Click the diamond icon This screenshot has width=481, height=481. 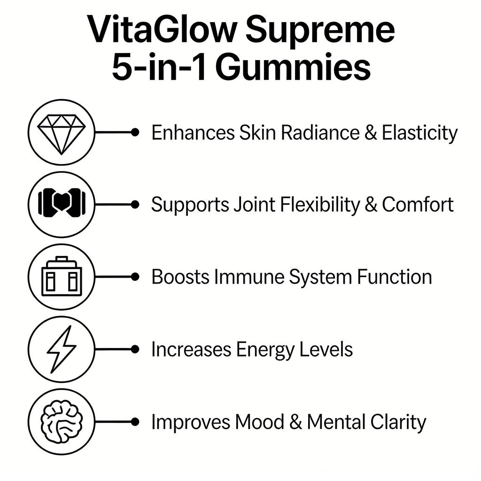tap(61, 132)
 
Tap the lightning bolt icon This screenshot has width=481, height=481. tap(61, 349)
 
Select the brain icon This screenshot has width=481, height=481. tap(61, 422)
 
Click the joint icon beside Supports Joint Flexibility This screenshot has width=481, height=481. tap(61, 205)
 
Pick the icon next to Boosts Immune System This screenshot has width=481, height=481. tap(61, 277)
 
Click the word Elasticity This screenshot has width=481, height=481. tap(419, 133)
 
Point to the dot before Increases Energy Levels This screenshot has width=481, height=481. tap(135, 349)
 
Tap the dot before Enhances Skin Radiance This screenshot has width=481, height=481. tap(135, 132)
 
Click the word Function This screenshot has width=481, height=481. tap(394, 277)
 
